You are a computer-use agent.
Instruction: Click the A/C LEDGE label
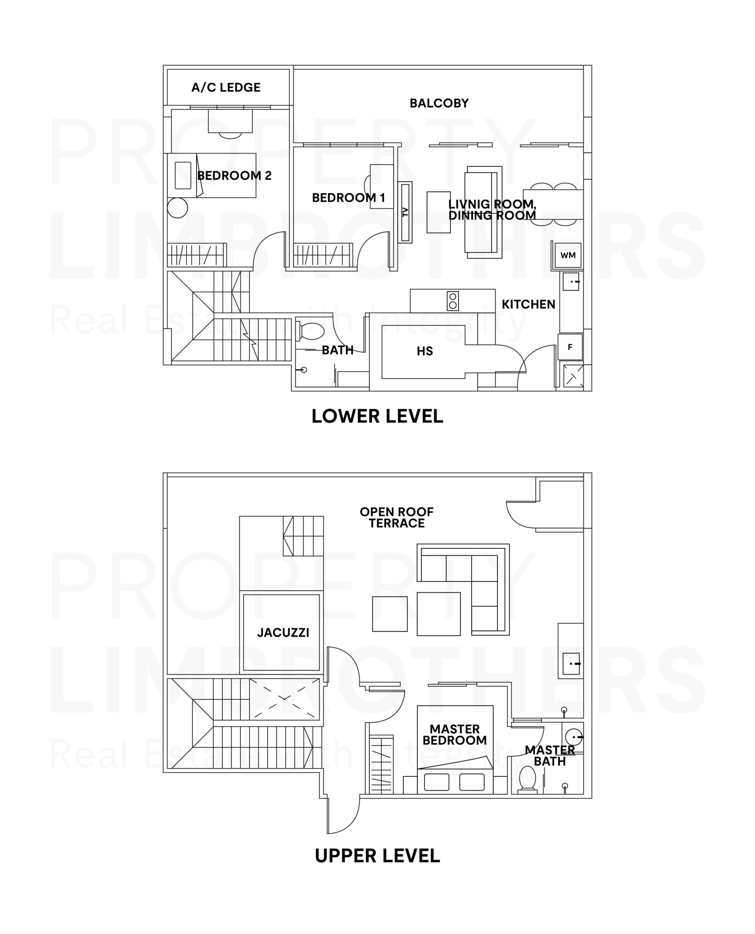pyautogui.click(x=226, y=87)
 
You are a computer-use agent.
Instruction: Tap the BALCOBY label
pyautogui.click(x=439, y=103)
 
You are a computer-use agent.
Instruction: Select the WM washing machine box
pyautogui.click(x=568, y=255)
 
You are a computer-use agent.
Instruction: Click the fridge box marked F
pyautogui.click(x=570, y=347)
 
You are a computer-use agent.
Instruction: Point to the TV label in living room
pyautogui.click(x=406, y=212)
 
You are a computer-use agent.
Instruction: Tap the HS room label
pyautogui.click(x=424, y=351)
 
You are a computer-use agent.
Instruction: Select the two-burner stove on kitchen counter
pyautogui.click(x=453, y=301)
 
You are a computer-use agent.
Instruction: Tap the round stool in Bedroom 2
pyautogui.click(x=178, y=208)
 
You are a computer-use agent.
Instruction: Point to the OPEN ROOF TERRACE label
pyautogui.click(x=397, y=517)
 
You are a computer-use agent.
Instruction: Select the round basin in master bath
pyautogui.click(x=573, y=737)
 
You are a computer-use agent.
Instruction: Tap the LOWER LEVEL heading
pyautogui.click(x=377, y=416)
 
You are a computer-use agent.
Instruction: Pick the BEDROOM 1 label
pyautogui.click(x=348, y=198)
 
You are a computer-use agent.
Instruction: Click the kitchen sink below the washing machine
pyautogui.click(x=571, y=282)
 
